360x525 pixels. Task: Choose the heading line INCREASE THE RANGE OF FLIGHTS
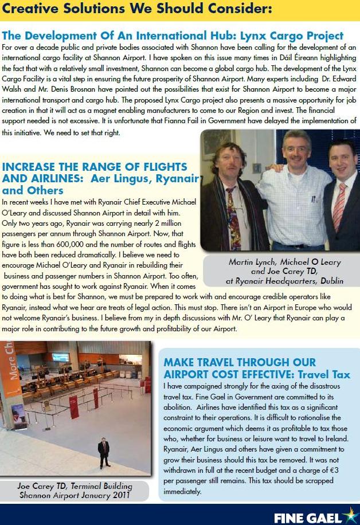(x=95, y=167)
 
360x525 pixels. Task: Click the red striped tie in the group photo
(x=339, y=206)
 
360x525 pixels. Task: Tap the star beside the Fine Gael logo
(x=349, y=515)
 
